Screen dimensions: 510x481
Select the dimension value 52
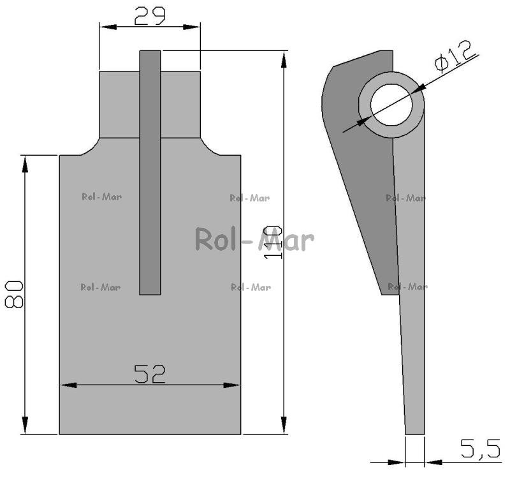[x=150, y=374]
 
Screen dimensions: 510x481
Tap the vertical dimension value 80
[x=14, y=295]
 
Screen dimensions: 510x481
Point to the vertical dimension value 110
[x=273, y=242]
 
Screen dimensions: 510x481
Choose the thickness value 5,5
[x=481, y=448]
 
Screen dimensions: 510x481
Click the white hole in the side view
[x=391, y=105]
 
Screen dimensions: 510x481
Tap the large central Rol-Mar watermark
[x=254, y=239]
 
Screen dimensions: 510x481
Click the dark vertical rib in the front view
[x=150, y=172]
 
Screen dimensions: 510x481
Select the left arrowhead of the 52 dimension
[x=68, y=385]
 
